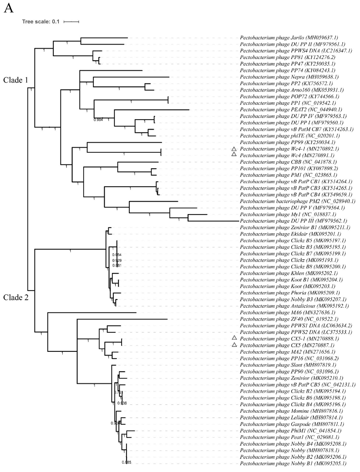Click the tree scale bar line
(x=71, y=22)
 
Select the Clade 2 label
(x=16, y=297)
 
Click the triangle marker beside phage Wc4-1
(x=235, y=149)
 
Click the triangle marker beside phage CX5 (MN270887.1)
(x=235, y=345)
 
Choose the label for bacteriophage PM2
(x=297, y=201)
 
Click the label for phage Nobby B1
(x=293, y=463)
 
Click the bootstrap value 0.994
(x=98, y=120)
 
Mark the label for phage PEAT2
(x=291, y=110)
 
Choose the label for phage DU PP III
(x=294, y=221)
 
